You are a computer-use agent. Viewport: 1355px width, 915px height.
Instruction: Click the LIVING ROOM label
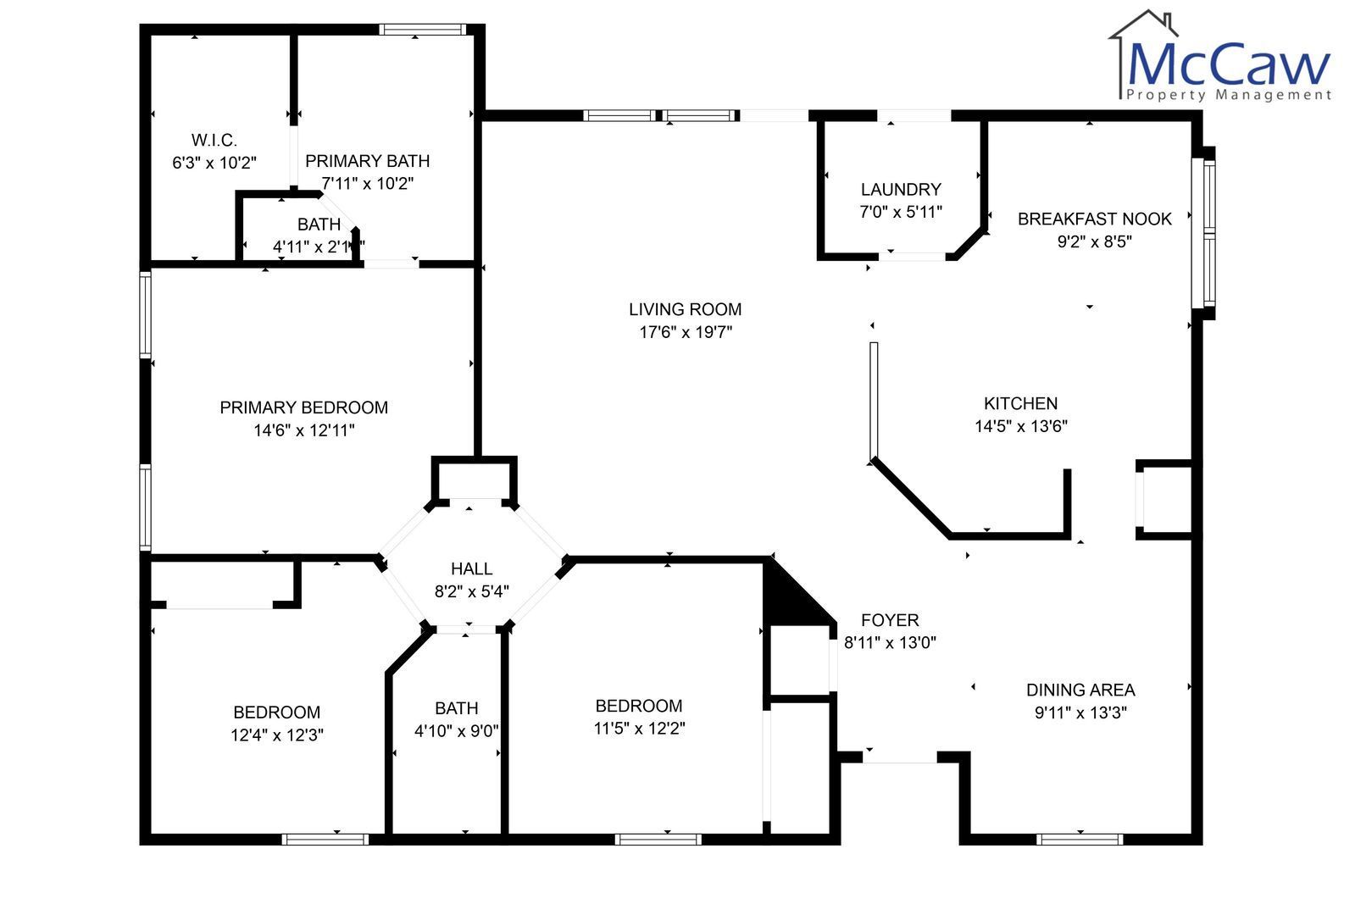click(x=685, y=309)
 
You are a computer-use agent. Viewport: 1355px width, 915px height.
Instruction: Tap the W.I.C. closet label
click(x=214, y=141)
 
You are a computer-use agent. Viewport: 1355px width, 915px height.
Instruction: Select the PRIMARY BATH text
click(x=367, y=161)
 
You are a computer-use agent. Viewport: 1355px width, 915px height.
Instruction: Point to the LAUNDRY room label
click(x=901, y=189)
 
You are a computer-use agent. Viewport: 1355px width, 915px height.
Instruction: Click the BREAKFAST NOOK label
click(x=1094, y=219)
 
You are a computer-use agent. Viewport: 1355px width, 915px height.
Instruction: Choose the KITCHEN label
click(x=1020, y=403)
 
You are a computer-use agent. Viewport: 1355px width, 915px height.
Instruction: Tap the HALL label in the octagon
click(x=471, y=568)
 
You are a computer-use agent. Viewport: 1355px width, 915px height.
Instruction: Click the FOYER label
click(x=890, y=620)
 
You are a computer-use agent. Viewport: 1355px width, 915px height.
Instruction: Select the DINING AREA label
click(x=1080, y=690)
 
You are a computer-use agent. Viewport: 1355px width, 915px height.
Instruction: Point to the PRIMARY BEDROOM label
click(x=303, y=408)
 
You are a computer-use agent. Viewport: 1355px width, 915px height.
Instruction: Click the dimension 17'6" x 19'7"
click(x=686, y=332)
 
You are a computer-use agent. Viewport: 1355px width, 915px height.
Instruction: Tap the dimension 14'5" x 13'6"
click(x=1020, y=426)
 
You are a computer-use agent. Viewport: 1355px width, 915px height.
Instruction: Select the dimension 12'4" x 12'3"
click(x=276, y=735)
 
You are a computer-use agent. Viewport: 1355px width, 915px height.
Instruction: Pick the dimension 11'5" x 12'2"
click(x=639, y=728)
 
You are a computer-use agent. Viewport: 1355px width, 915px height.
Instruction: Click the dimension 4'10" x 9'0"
click(x=456, y=731)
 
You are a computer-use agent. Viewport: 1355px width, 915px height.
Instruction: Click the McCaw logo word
click(x=1228, y=64)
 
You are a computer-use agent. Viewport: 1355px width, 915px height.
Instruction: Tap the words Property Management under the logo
click(x=1228, y=95)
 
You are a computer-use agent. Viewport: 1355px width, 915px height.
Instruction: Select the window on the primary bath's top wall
click(x=422, y=29)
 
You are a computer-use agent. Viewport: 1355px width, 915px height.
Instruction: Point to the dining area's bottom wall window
click(x=1079, y=839)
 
